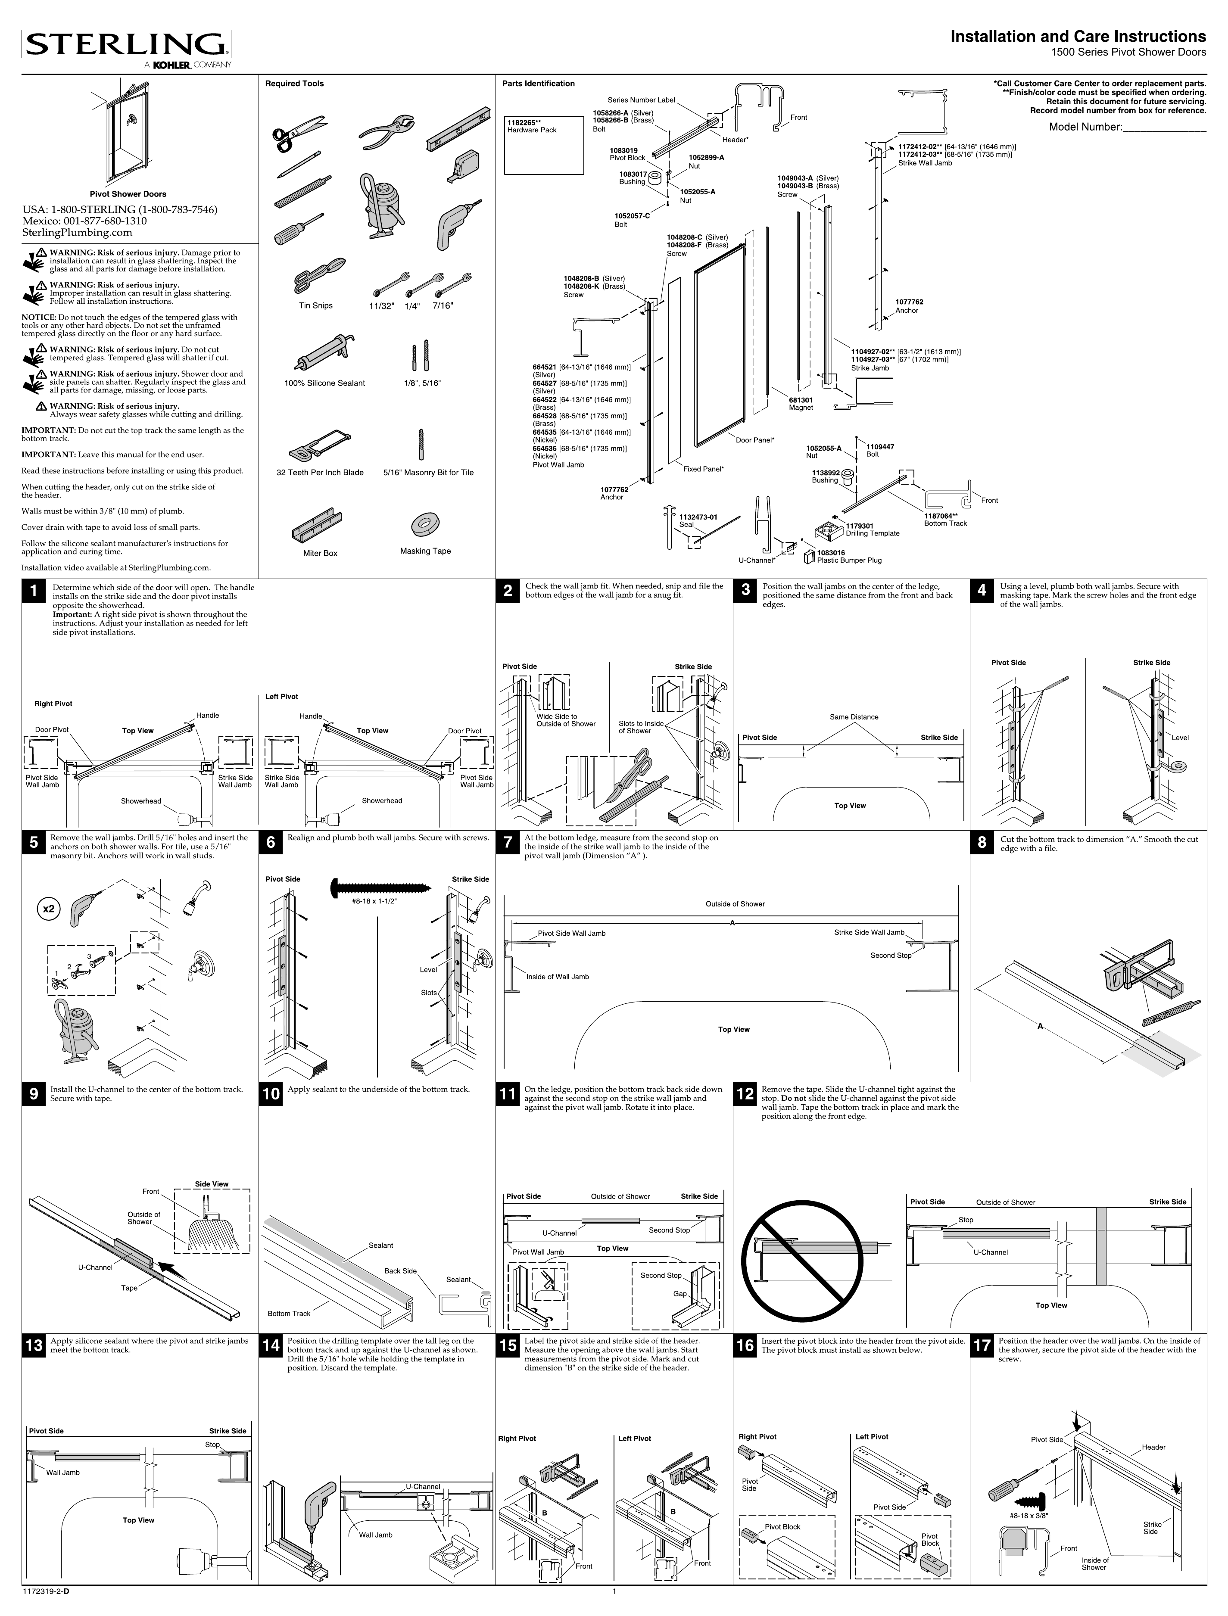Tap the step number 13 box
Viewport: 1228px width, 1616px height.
click(x=34, y=1345)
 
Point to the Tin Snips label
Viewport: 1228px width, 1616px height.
click(x=316, y=305)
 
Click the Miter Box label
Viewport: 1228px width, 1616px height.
click(x=320, y=553)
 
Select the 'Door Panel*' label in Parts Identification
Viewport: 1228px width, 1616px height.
click(x=754, y=440)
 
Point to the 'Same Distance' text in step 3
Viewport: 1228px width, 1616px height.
click(x=854, y=717)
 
